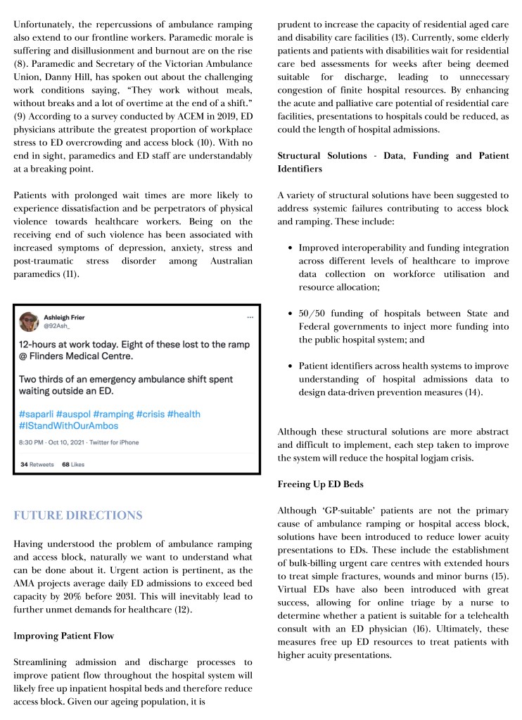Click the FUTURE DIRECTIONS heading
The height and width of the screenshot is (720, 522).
click(78, 515)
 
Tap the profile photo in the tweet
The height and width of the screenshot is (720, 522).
click(29, 322)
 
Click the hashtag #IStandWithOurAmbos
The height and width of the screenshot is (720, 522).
click(70, 427)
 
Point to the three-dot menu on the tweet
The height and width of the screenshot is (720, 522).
click(250, 318)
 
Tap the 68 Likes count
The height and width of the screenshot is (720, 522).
click(73, 465)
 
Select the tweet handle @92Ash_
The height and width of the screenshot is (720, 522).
click(56, 327)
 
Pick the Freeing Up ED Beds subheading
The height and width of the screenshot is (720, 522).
click(322, 485)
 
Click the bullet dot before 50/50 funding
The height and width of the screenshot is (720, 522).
click(291, 313)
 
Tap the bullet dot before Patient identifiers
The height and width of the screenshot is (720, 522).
click(291, 366)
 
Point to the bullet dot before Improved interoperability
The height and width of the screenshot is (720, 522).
click(291, 247)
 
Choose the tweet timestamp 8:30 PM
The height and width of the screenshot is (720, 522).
click(32, 442)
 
